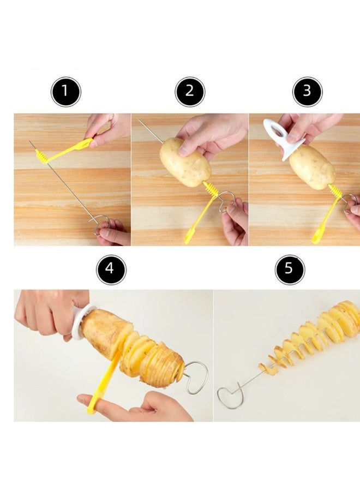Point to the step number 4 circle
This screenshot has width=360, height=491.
(111, 270)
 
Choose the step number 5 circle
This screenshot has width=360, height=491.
(289, 270)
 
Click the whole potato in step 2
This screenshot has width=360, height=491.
(177, 162)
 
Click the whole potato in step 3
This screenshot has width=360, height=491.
(311, 167)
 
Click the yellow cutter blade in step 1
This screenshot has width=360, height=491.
(65, 152)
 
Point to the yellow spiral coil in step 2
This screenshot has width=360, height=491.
(211, 191)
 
